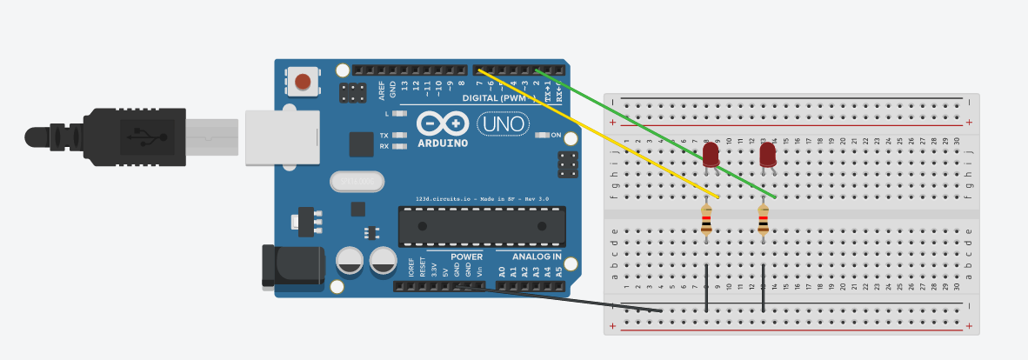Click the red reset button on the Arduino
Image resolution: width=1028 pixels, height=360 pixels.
(302, 83)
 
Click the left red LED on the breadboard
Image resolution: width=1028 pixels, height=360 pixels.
(711, 155)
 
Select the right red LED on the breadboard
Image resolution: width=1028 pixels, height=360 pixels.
(767, 155)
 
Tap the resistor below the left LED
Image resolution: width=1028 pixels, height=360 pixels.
(706, 218)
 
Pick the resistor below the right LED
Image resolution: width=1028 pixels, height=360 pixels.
(763, 218)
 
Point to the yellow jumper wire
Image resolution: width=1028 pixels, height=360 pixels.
(600, 135)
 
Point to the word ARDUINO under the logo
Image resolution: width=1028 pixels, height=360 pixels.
(443, 143)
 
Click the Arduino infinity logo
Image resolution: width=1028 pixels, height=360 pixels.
(443, 123)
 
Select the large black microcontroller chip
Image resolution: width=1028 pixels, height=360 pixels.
(482, 225)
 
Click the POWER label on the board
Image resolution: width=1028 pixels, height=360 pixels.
(466, 257)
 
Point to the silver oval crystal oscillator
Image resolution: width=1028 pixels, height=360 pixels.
(357, 181)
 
